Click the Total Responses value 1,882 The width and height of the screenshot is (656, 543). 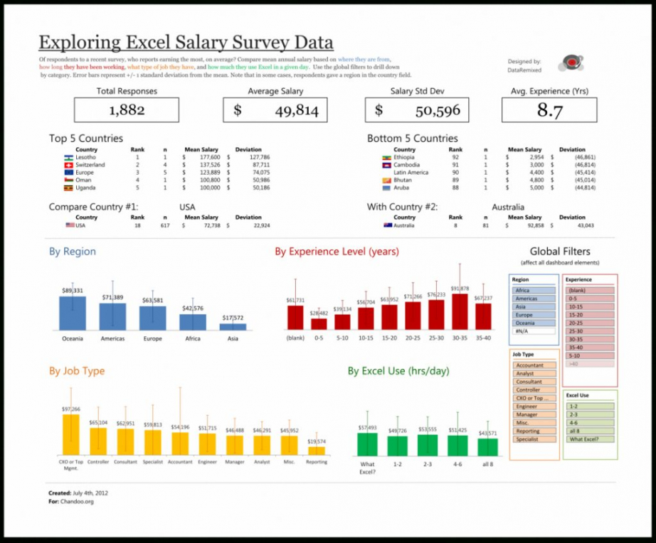(127, 110)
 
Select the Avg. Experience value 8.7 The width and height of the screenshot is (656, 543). (549, 110)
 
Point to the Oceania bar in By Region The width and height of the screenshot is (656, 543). (72, 313)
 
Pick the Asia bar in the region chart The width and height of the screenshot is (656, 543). (233, 327)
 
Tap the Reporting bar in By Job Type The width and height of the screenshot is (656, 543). (317, 451)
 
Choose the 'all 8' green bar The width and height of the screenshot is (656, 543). (487, 446)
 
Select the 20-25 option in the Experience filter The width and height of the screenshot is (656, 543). (590, 323)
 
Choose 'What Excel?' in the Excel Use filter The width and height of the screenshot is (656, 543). (590, 439)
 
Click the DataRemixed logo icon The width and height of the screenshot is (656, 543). (570, 63)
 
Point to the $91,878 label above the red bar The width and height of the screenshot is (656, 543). (460, 289)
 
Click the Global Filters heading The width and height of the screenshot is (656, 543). (560, 251)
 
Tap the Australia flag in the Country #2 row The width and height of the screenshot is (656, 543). (387, 225)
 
